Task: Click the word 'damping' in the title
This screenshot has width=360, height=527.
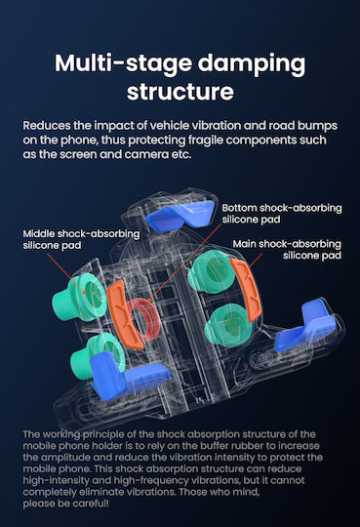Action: pyautogui.click(x=252, y=64)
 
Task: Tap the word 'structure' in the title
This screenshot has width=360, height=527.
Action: pyautogui.click(x=180, y=92)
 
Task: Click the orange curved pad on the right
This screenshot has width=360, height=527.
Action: pyautogui.click(x=246, y=290)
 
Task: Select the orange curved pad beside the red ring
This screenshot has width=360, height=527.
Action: pyautogui.click(x=123, y=314)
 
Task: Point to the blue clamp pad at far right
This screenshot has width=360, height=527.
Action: pyautogui.click(x=305, y=326)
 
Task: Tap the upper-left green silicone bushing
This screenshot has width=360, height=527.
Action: pyautogui.click(x=79, y=297)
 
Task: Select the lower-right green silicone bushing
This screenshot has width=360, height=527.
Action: pyautogui.click(x=230, y=325)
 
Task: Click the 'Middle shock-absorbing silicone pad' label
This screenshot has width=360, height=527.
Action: pyautogui.click(x=81, y=239)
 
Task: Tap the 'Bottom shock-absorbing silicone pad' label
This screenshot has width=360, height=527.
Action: pyautogui.click(x=282, y=214)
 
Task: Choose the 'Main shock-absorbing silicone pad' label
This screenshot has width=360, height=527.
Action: pyautogui.click(x=287, y=250)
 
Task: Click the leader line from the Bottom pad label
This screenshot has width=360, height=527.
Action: pyautogui.click(x=184, y=263)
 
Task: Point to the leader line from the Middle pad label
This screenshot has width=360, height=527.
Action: pyautogui.click(x=65, y=273)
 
